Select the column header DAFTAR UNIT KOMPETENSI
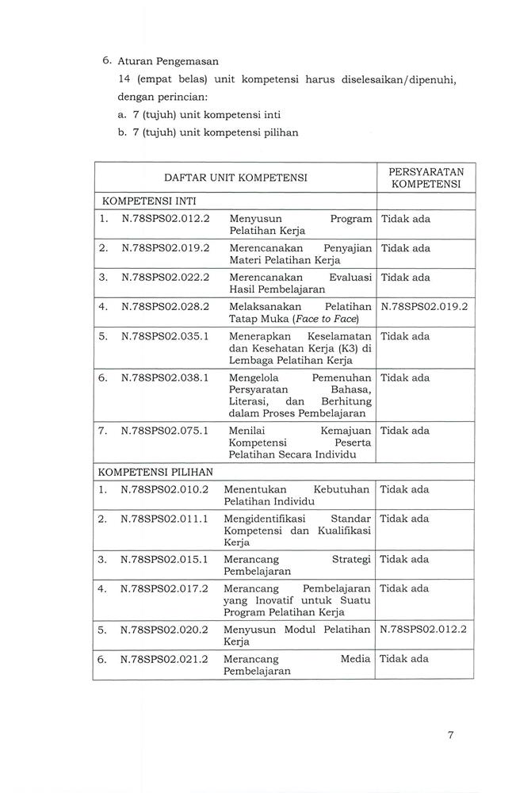tap(235, 178)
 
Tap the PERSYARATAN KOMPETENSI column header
tap(426, 178)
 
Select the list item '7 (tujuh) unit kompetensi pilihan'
tap(208, 132)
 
